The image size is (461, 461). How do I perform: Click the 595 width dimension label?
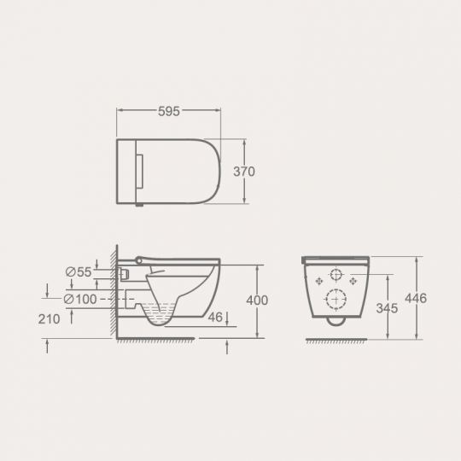click(x=169, y=111)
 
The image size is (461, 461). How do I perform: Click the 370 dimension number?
click(x=244, y=172)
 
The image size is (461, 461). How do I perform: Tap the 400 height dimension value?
click(x=257, y=301)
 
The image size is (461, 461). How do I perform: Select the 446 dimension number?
click(x=416, y=299)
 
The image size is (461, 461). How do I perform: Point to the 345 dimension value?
click(x=387, y=308)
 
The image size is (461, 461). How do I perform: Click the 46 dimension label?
click(x=215, y=318)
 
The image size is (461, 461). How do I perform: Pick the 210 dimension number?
click(x=49, y=319)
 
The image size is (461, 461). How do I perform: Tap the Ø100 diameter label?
click(x=80, y=300)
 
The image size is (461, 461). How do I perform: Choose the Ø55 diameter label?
click(x=79, y=272)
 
